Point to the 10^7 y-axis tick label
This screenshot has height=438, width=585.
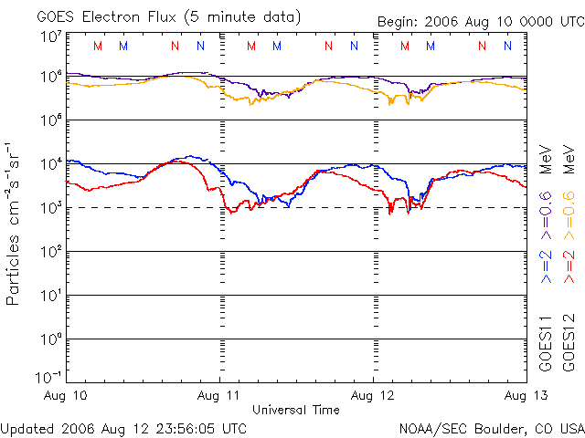(50, 37)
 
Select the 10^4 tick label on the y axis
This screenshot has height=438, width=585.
(50, 165)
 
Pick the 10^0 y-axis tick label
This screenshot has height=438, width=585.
(50, 340)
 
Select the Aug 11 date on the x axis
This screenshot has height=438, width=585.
(220, 396)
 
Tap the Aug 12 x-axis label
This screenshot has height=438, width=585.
(373, 396)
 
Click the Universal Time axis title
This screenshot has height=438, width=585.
(296, 410)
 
